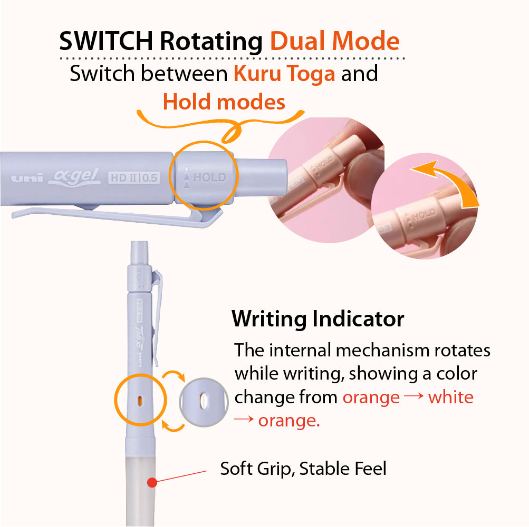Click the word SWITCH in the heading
[106, 41]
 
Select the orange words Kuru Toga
[284, 73]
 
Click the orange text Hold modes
[224, 102]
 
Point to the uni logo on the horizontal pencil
[27, 178]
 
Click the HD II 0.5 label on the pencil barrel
[134, 177]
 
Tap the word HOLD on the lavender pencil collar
[209, 177]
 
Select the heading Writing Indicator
[318, 319]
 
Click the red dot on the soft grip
[152, 483]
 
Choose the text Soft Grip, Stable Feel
[303, 469]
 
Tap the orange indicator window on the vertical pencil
[140, 401]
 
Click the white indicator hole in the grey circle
[204, 401]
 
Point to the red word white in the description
[451, 397]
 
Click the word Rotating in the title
[211, 42]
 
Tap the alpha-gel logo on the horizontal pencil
[74, 177]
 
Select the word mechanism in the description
[382, 350]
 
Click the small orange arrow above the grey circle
[174, 375]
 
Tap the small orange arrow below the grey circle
[174, 425]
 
